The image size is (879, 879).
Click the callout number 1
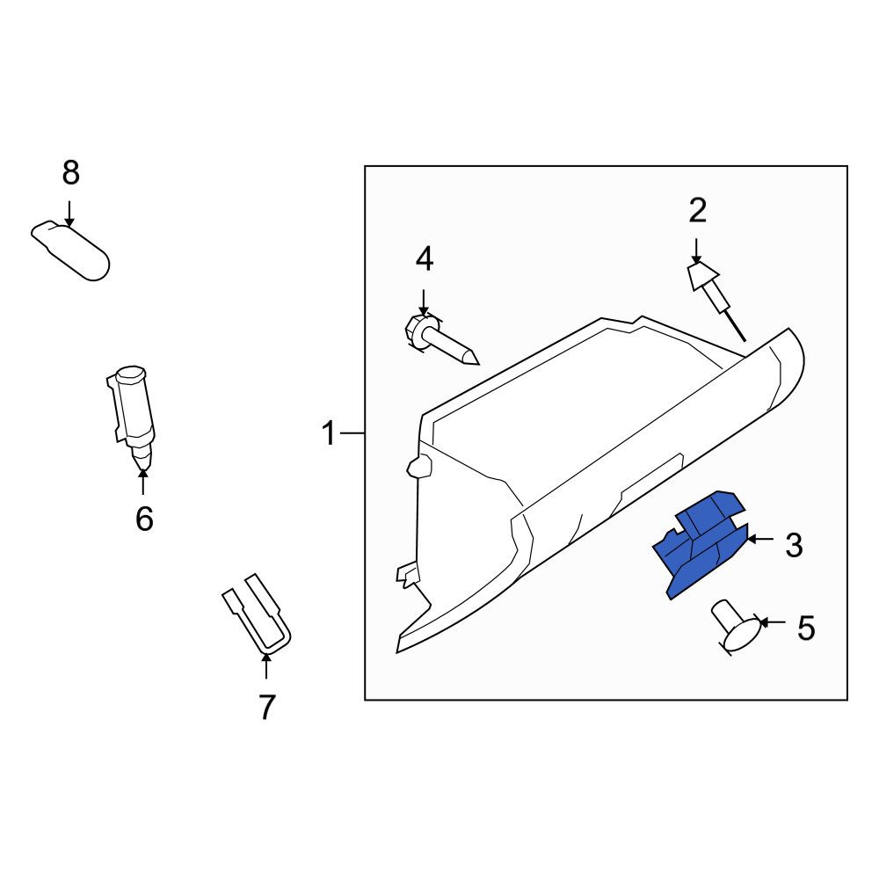click(329, 434)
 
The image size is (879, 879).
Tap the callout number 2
click(697, 211)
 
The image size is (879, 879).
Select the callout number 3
click(794, 545)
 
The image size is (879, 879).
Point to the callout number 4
click(425, 259)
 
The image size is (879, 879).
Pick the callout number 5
click(805, 628)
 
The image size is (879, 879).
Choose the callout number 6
click(144, 519)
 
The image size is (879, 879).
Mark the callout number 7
click(266, 708)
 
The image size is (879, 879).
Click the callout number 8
click(70, 172)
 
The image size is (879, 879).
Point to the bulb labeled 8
click(70, 251)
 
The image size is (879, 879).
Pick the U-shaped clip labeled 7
click(257, 614)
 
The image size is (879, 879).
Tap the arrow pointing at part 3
click(760, 540)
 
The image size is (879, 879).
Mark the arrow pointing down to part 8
click(69, 214)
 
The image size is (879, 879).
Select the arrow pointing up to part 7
click(266, 666)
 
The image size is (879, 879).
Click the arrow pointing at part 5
click(773, 622)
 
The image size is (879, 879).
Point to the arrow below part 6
click(143, 482)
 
